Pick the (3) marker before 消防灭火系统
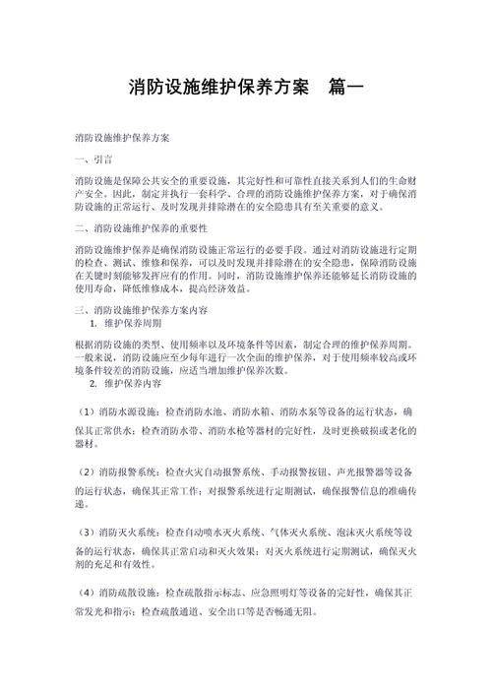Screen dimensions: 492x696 (86, 532)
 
